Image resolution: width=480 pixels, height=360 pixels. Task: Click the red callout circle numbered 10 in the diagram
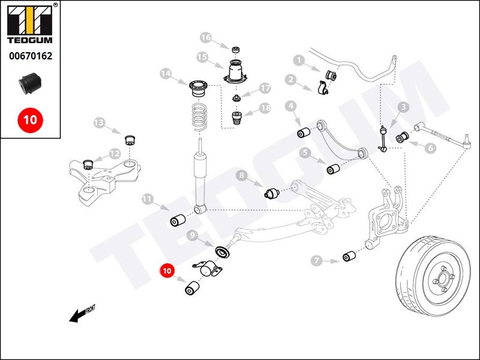coord(167,271)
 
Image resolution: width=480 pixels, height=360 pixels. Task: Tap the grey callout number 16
coord(206,38)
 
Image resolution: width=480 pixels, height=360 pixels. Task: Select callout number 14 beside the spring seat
coord(166,74)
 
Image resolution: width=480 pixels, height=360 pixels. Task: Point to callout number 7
coord(317,260)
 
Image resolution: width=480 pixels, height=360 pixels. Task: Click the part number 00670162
coord(30,56)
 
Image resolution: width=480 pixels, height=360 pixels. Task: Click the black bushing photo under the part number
coord(29,83)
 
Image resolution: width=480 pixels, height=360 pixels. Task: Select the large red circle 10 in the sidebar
coord(30,119)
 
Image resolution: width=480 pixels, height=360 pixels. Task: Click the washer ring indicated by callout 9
coord(220,250)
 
